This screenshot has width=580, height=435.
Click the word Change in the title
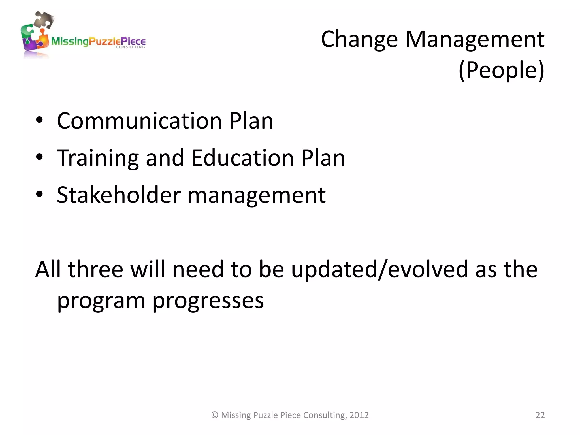[x=359, y=40]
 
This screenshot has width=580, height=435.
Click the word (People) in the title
[x=501, y=70]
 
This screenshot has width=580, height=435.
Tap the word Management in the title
[x=475, y=40]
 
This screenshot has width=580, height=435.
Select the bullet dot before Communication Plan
[x=39, y=120]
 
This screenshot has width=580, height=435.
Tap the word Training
[x=98, y=159]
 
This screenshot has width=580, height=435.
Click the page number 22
[x=540, y=415]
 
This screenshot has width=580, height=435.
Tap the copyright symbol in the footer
[x=215, y=415]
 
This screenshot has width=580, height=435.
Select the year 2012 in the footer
[x=359, y=415]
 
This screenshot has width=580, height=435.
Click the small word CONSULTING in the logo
[x=130, y=47]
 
